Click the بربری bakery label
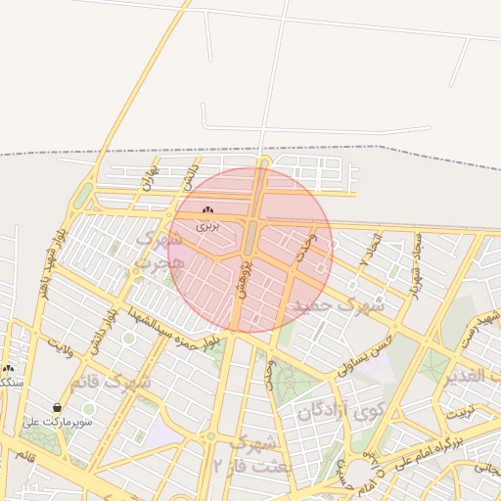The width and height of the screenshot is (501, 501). (207, 225)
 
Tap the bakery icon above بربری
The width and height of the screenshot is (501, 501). (207, 210)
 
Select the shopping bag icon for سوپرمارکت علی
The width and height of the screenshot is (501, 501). (58, 407)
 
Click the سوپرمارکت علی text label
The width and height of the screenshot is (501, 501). (58, 422)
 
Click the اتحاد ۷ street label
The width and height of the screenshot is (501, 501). (370, 252)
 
